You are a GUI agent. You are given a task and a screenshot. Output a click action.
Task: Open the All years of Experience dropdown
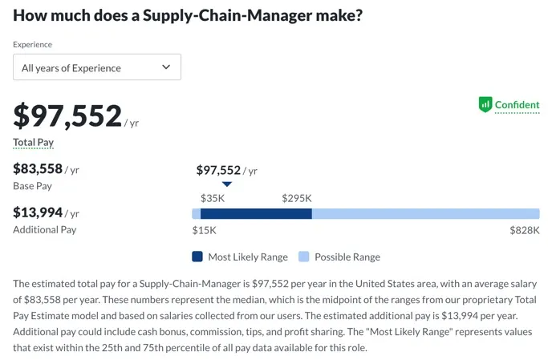(x=96, y=67)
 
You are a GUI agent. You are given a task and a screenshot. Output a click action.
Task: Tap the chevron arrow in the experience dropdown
(x=166, y=67)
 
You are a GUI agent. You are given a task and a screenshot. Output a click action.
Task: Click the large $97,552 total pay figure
(x=67, y=116)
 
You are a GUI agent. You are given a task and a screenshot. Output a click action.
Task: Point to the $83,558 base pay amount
(x=37, y=168)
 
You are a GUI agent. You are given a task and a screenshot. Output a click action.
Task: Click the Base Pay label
(x=33, y=186)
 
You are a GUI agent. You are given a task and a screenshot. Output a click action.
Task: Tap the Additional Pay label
(x=45, y=229)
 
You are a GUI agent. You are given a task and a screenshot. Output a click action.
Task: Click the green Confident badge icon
(x=485, y=104)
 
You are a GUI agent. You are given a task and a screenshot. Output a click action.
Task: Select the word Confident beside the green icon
(x=517, y=105)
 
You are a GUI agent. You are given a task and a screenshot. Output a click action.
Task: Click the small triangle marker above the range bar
(x=227, y=184)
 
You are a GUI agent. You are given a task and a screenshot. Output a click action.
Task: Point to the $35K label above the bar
(x=213, y=198)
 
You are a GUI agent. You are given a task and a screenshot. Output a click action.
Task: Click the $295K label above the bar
(x=297, y=198)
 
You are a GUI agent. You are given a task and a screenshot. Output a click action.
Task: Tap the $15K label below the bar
(x=204, y=230)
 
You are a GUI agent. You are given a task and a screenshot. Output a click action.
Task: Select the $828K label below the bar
(x=525, y=230)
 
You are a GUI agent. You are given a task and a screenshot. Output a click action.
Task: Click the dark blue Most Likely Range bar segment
(x=255, y=214)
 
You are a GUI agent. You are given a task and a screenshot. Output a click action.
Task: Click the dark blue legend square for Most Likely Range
(x=197, y=257)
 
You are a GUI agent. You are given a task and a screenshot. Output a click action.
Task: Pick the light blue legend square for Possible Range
(x=303, y=257)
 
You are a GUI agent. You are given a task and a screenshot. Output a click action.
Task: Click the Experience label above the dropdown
(x=32, y=45)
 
